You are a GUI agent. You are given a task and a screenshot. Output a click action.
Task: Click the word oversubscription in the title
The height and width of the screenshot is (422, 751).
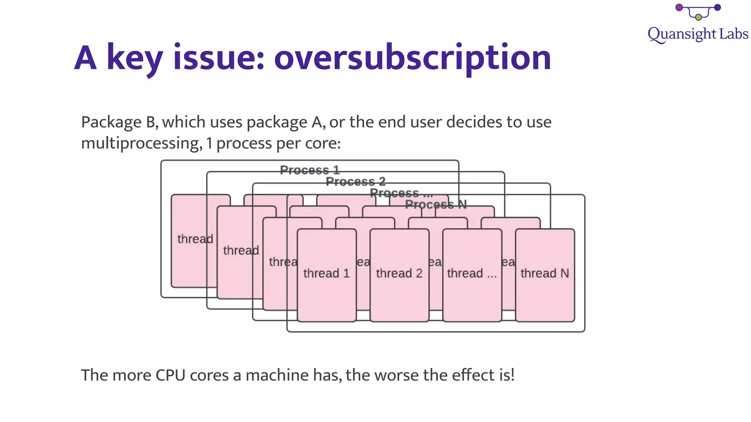point(412,58)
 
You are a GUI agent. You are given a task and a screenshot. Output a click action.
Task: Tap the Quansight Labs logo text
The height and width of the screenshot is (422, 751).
point(697,34)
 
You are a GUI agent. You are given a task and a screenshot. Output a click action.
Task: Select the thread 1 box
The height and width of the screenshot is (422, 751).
point(326,275)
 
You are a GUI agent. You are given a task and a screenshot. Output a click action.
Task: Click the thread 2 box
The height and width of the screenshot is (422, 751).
point(399,275)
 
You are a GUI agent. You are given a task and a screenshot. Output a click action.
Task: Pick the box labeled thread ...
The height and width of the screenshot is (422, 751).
point(472,275)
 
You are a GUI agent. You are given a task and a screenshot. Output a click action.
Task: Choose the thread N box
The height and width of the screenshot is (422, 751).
point(545,275)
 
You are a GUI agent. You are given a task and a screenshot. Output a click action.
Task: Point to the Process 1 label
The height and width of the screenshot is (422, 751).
point(309,170)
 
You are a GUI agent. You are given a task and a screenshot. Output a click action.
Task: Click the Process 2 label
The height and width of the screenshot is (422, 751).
point(355,181)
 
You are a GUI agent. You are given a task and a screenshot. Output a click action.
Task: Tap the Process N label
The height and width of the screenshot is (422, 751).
point(436,204)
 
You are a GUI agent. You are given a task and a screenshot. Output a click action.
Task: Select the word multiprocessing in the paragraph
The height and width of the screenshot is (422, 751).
point(142,143)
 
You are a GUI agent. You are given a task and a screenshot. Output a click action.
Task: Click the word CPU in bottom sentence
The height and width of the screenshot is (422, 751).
point(171,375)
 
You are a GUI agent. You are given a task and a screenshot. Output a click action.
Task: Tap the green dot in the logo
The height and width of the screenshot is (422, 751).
point(698,17)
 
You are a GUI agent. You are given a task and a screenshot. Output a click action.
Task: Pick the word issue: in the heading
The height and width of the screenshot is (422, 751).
point(219,58)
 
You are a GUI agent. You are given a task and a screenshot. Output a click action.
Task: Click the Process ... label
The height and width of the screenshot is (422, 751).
point(401,193)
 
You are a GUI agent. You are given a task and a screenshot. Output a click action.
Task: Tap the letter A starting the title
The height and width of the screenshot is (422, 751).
point(85,58)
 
